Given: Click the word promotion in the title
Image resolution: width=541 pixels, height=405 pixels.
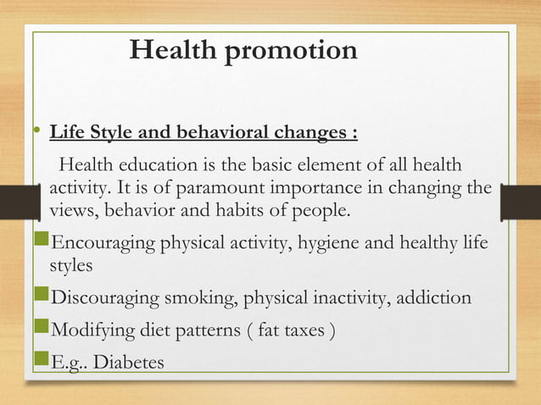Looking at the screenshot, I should [290, 52].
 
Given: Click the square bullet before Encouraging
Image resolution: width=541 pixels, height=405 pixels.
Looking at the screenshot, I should [44, 245].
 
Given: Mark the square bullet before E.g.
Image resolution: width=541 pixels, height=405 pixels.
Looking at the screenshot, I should [44, 361].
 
